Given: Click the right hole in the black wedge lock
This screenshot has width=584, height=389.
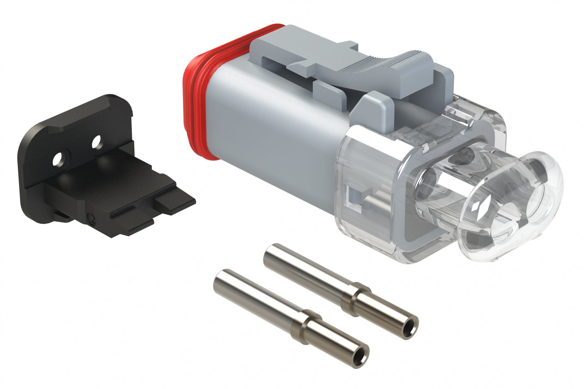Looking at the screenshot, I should tap(96, 141).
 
